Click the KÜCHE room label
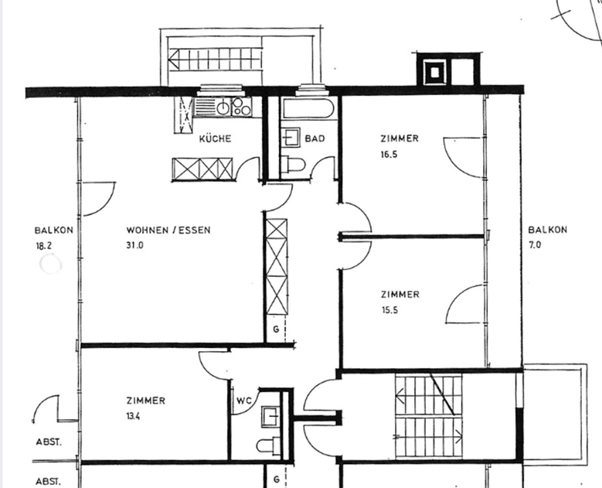(215, 138)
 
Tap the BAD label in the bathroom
(315, 138)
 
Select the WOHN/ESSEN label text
(168, 230)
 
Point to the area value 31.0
(134, 244)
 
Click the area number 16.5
(389, 155)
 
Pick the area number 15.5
(389, 310)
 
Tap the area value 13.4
(133, 416)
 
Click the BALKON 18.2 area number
(43, 245)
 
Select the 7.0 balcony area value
(535, 244)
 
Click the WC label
(244, 401)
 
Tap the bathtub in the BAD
(308, 109)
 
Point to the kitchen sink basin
(223, 108)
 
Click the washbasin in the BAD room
(291, 137)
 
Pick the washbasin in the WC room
(271, 417)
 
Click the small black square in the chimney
(434, 73)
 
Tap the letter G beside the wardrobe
(276, 329)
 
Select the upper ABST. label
(49, 442)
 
